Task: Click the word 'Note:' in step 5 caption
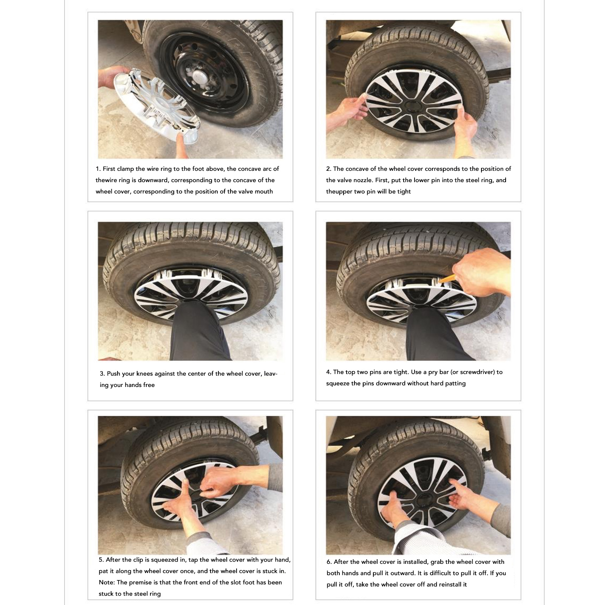[x=107, y=582]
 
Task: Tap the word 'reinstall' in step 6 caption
[x=452, y=584]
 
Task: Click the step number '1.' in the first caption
[x=98, y=169]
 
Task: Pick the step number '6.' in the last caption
[x=330, y=562]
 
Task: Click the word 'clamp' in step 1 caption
[x=125, y=169]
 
